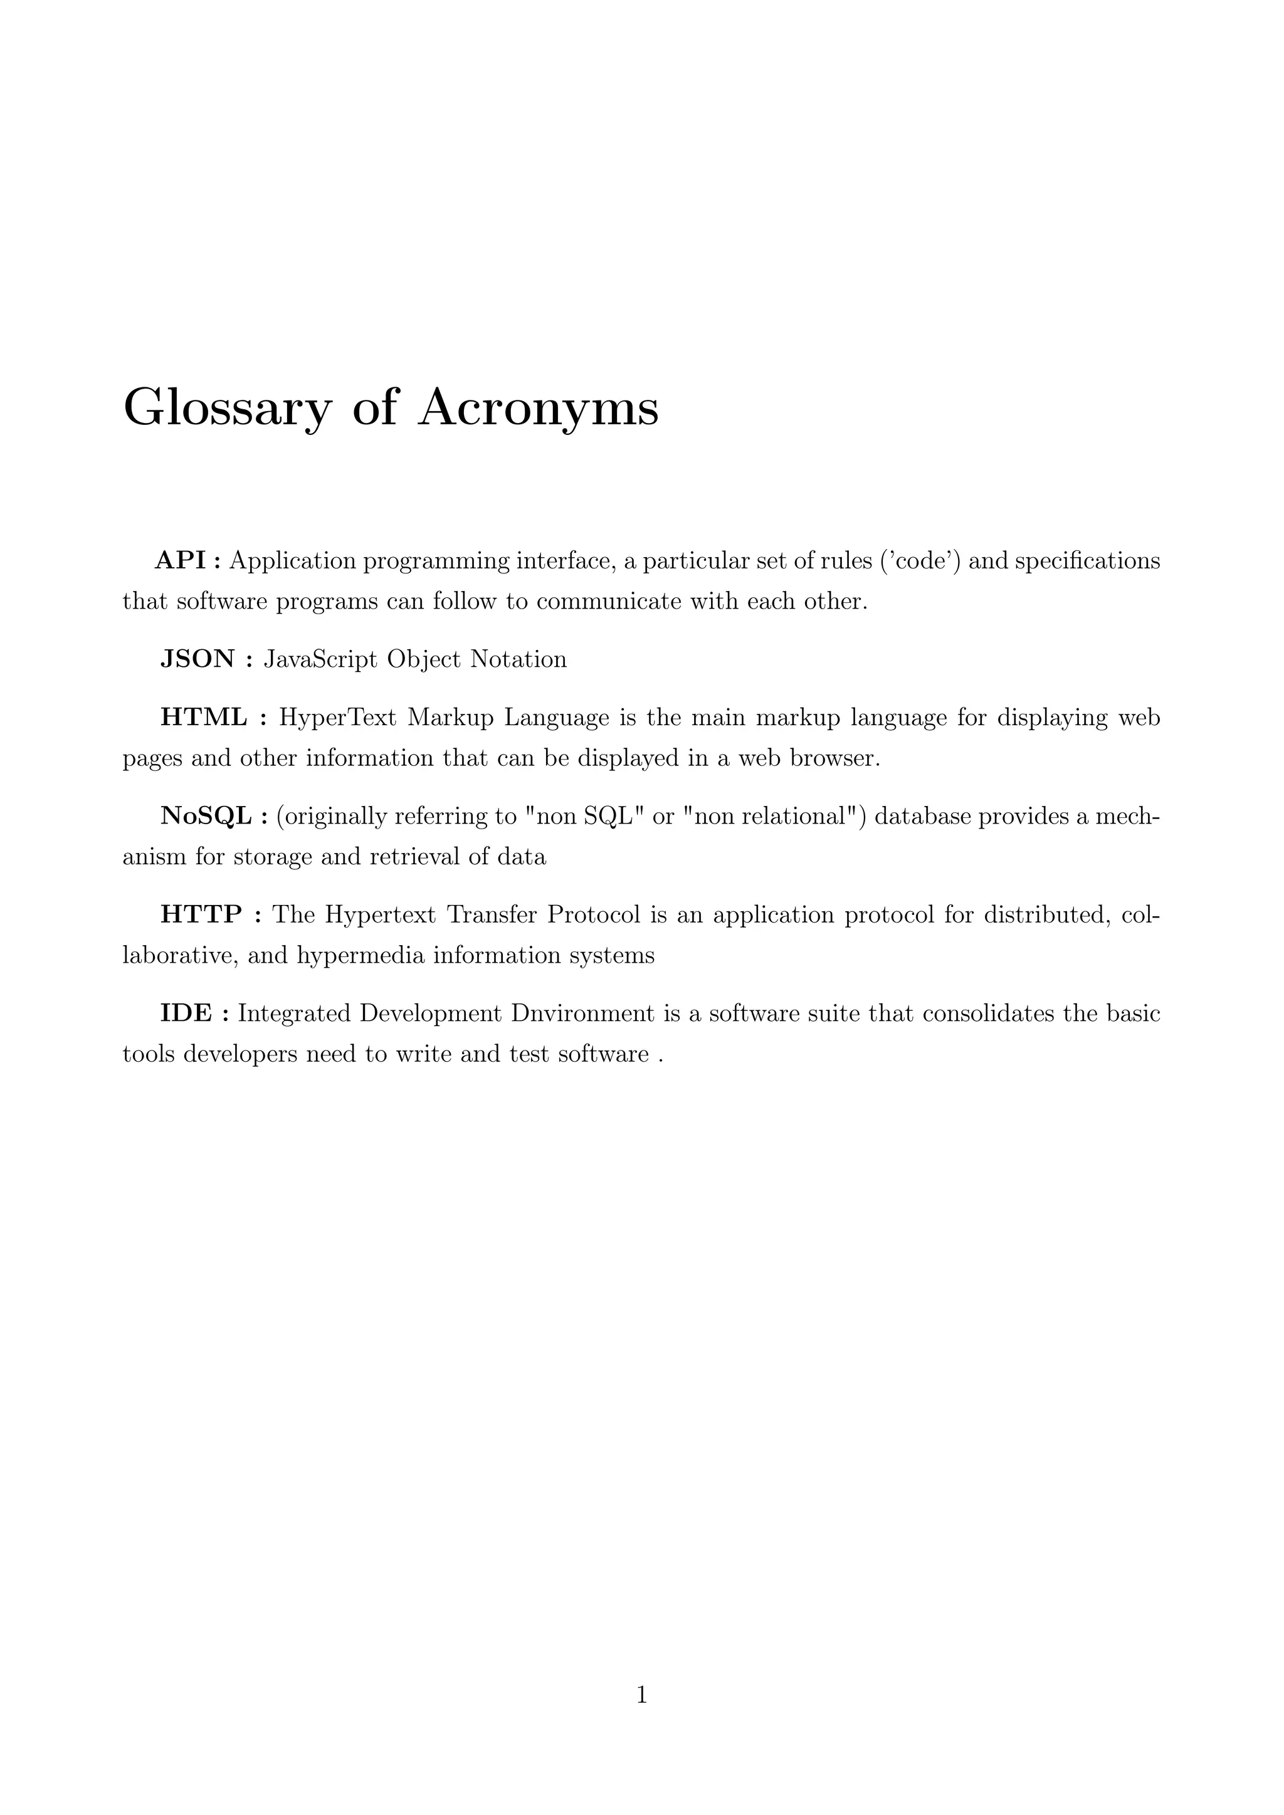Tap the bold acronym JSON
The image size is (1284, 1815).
[197, 659]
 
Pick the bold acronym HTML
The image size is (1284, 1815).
[204, 717]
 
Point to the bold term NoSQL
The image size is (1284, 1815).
[206, 816]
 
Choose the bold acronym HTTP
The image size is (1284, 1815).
[201, 914]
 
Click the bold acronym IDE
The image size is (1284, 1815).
[186, 1013]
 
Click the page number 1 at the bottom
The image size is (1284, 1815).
[642, 1694]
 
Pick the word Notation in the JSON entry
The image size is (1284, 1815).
[518, 659]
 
